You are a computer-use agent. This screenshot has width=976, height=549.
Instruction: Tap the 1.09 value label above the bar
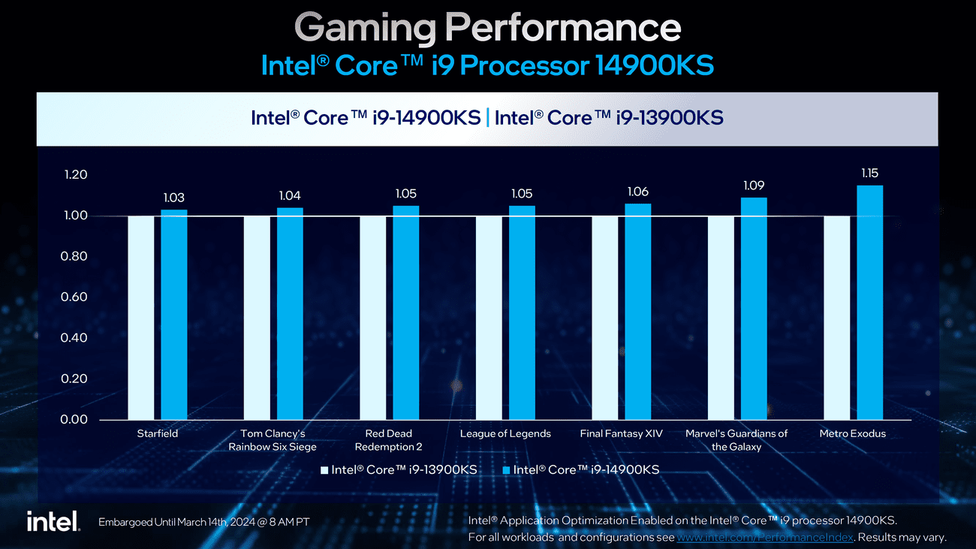[x=754, y=185]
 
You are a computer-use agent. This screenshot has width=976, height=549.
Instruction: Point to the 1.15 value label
[x=869, y=173]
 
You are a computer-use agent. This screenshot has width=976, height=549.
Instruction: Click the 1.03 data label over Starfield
[x=173, y=198]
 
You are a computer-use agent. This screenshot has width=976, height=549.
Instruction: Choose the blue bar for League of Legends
[x=522, y=312]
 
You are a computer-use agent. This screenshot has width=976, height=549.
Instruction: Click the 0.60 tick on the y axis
[x=74, y=297]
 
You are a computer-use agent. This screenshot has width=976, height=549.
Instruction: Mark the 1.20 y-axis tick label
[x=74, y=175]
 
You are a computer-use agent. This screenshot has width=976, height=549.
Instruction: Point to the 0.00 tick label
[x=74, y=419]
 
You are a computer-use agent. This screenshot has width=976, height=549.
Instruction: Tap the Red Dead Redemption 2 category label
[x=388, y=440]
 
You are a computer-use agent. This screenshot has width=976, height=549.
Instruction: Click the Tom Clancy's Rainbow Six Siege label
[x=273, y=440]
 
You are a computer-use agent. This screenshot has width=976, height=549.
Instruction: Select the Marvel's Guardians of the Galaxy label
[x=737, y=440]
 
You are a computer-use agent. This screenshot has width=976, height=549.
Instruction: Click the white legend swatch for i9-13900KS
[x=324, y=470]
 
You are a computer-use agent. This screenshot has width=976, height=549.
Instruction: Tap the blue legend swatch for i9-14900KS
[x=506, y=470]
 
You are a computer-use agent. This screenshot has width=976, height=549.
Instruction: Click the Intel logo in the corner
[x=53, y=521]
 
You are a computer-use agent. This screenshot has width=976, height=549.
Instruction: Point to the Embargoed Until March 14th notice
[x=203, y=522]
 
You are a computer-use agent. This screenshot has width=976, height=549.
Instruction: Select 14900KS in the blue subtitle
[x=653, y=65]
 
